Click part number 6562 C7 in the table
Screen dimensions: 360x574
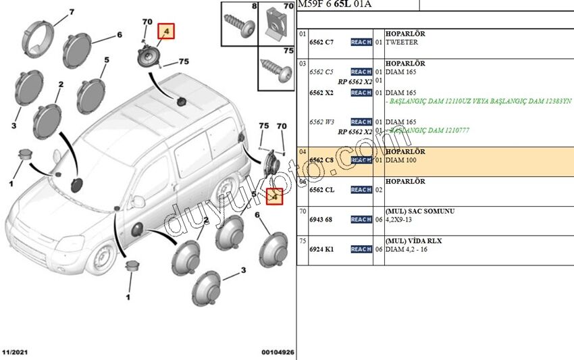pos(321,42)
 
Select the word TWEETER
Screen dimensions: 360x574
pos(402,42)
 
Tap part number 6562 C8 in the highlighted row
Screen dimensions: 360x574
pos(321,160)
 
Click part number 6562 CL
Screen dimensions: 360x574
pos(321,190)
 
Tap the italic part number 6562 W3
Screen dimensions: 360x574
pos(321,122)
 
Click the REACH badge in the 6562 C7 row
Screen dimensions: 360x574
pos(361,42)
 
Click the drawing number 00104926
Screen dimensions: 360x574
pos(278,353)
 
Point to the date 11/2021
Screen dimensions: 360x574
pos(14,353)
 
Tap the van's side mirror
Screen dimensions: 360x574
pos(138,201)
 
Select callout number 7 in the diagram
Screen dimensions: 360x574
pos(71,12)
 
